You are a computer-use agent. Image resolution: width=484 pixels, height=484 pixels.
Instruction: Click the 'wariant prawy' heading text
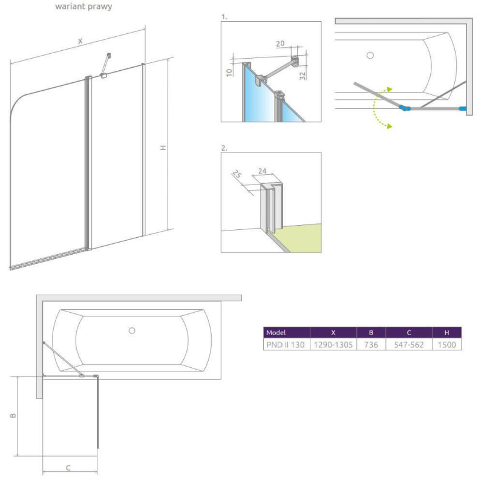point(83,7)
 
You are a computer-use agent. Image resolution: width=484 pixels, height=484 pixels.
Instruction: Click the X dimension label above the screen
point(80,41)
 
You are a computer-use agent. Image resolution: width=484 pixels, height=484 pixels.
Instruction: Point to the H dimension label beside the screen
point(163,148)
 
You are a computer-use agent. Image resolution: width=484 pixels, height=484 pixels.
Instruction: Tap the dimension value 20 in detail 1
point(280,44)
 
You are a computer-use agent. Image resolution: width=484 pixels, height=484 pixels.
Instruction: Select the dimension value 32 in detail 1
point(302,76)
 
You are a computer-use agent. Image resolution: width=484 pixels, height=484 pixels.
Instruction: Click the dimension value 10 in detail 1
point(229,73)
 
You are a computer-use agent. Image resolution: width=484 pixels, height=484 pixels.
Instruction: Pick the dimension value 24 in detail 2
point(262,171)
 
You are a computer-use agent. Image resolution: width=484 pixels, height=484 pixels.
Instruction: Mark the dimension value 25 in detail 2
point(237,174)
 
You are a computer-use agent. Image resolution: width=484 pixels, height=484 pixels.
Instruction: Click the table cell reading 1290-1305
point(333,345)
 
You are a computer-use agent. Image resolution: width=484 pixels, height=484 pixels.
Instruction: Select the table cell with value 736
point(371,345)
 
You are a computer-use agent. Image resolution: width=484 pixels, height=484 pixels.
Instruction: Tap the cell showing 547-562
point(409,345)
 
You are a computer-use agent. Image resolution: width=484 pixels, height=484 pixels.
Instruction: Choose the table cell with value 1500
point(446,345)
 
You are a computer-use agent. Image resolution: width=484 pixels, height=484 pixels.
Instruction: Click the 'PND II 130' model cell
point(286,345)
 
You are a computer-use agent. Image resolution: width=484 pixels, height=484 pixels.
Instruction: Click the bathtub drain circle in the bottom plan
point(132,330)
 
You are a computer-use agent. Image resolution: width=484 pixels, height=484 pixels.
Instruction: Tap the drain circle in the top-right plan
point(370,55)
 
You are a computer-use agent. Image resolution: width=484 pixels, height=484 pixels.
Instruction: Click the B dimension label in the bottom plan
point(13,416)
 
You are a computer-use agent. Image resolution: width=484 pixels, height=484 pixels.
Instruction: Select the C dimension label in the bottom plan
point(68,468)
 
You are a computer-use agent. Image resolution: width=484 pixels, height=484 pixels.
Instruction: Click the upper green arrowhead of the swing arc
point(390,89)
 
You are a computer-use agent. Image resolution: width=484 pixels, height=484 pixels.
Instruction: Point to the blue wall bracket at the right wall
point(463,108)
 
